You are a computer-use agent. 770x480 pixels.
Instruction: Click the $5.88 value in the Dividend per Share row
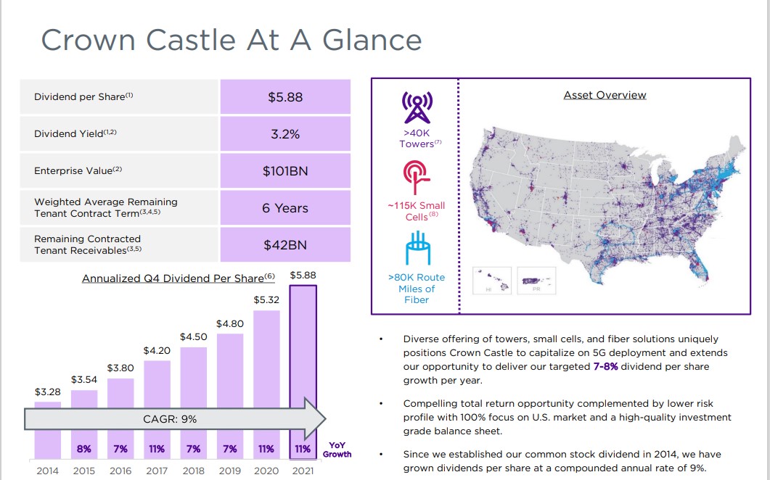point(285,96)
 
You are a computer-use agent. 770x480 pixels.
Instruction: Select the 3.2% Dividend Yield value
point(285,134)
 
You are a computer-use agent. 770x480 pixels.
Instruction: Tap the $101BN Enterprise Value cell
point(285,171)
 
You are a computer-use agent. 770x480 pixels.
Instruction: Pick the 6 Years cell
point(285,208)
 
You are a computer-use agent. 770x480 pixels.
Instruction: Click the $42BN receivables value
point(285,245)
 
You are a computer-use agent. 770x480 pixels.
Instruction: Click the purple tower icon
point(416,108)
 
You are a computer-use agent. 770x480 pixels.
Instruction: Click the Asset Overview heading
point(605,95)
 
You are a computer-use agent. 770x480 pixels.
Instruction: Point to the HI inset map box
point(492,279)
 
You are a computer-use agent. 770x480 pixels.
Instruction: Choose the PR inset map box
point(536,279)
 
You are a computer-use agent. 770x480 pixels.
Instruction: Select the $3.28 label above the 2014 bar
point(48,392)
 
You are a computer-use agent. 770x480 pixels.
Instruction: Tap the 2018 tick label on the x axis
point(193,471)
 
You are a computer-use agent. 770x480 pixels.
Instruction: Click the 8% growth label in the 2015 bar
point(84,449)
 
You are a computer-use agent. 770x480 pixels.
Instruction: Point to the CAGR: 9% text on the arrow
point(169,419)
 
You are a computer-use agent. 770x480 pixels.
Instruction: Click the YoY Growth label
point(337,450)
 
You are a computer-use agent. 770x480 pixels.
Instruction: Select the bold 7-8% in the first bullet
point(605,367)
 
